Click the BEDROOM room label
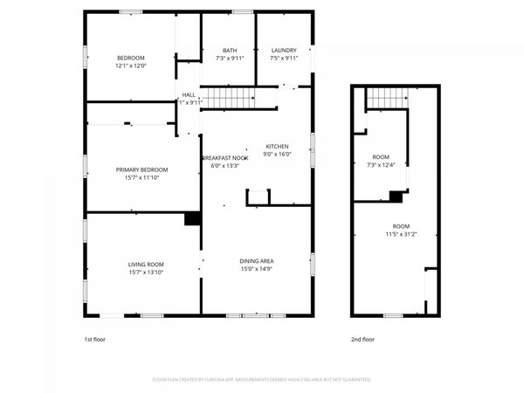[131, 58]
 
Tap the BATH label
[230, 51]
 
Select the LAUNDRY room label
[284, 51]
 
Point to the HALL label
[189, 94]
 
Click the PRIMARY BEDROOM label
[141, 169]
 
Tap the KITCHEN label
[277, 147]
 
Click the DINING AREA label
[258, 260]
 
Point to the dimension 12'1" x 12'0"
[131, 65]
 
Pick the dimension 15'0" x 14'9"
[258, 268]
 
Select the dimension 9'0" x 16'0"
[277, 155]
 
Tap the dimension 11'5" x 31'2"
[402, 234]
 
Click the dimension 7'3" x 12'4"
[382, 165]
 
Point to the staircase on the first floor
[229, 97]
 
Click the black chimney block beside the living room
[192, 219]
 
